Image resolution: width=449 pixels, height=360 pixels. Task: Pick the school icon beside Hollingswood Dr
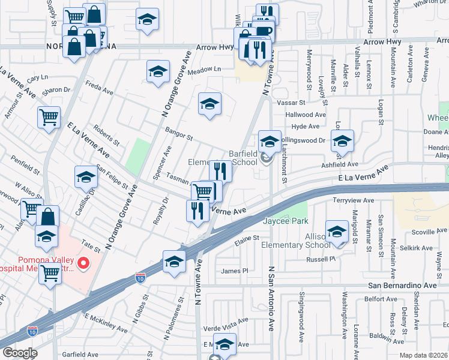[x=342, y=142]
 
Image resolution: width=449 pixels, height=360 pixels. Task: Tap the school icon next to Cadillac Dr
[x=86, y=178]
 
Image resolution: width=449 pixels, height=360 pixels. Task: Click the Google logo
[x=20, y=353]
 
